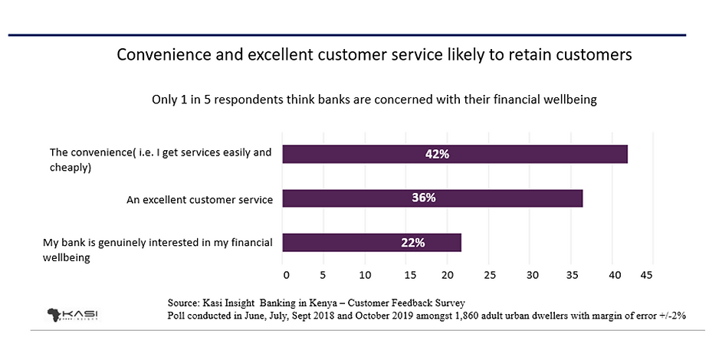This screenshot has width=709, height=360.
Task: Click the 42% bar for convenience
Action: (x=455, y=154)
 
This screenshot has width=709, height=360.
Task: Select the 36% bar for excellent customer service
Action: (x=432, y=198)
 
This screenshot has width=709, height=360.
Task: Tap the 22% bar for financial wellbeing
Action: (x=372, y=243)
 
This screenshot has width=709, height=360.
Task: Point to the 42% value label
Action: (x=437, y=154)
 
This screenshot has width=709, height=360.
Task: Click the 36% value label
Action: (x=423, y=198)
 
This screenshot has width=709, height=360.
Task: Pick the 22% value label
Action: (x=412, y=243)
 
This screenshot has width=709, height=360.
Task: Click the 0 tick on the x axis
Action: (x=285, y=274)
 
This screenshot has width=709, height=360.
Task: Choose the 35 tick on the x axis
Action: (x=572, y=274)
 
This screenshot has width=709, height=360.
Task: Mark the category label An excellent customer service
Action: (x=199, y=200)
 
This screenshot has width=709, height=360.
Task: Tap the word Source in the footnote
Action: (x=183, y=302)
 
